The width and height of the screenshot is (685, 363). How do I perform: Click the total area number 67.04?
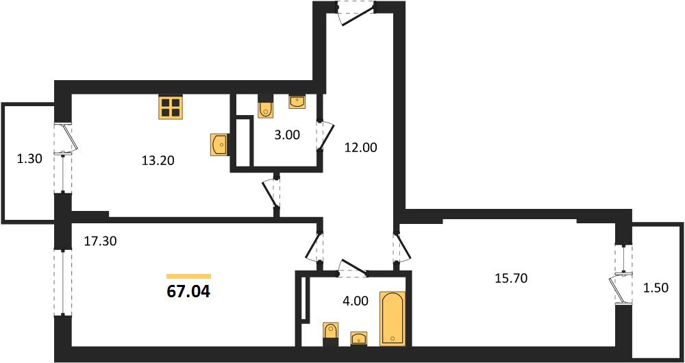189,292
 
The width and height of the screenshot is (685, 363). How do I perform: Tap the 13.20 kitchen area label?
158,161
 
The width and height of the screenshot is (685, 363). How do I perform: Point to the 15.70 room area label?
512,278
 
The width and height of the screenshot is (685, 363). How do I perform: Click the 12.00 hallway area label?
360,148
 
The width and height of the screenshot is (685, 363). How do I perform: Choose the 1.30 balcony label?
29,160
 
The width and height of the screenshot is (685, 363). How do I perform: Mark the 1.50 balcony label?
656,288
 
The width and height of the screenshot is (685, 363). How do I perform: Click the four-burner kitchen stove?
171,108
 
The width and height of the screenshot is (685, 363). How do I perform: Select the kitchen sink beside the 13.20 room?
220,145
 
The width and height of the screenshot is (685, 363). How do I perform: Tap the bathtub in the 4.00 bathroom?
393,318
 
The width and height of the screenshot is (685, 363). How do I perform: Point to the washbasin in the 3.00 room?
297,102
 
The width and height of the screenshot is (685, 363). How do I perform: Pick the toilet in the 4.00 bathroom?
330,335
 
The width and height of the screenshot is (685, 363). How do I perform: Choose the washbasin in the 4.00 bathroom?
359,338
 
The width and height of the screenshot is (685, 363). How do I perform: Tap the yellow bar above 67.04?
189,276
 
